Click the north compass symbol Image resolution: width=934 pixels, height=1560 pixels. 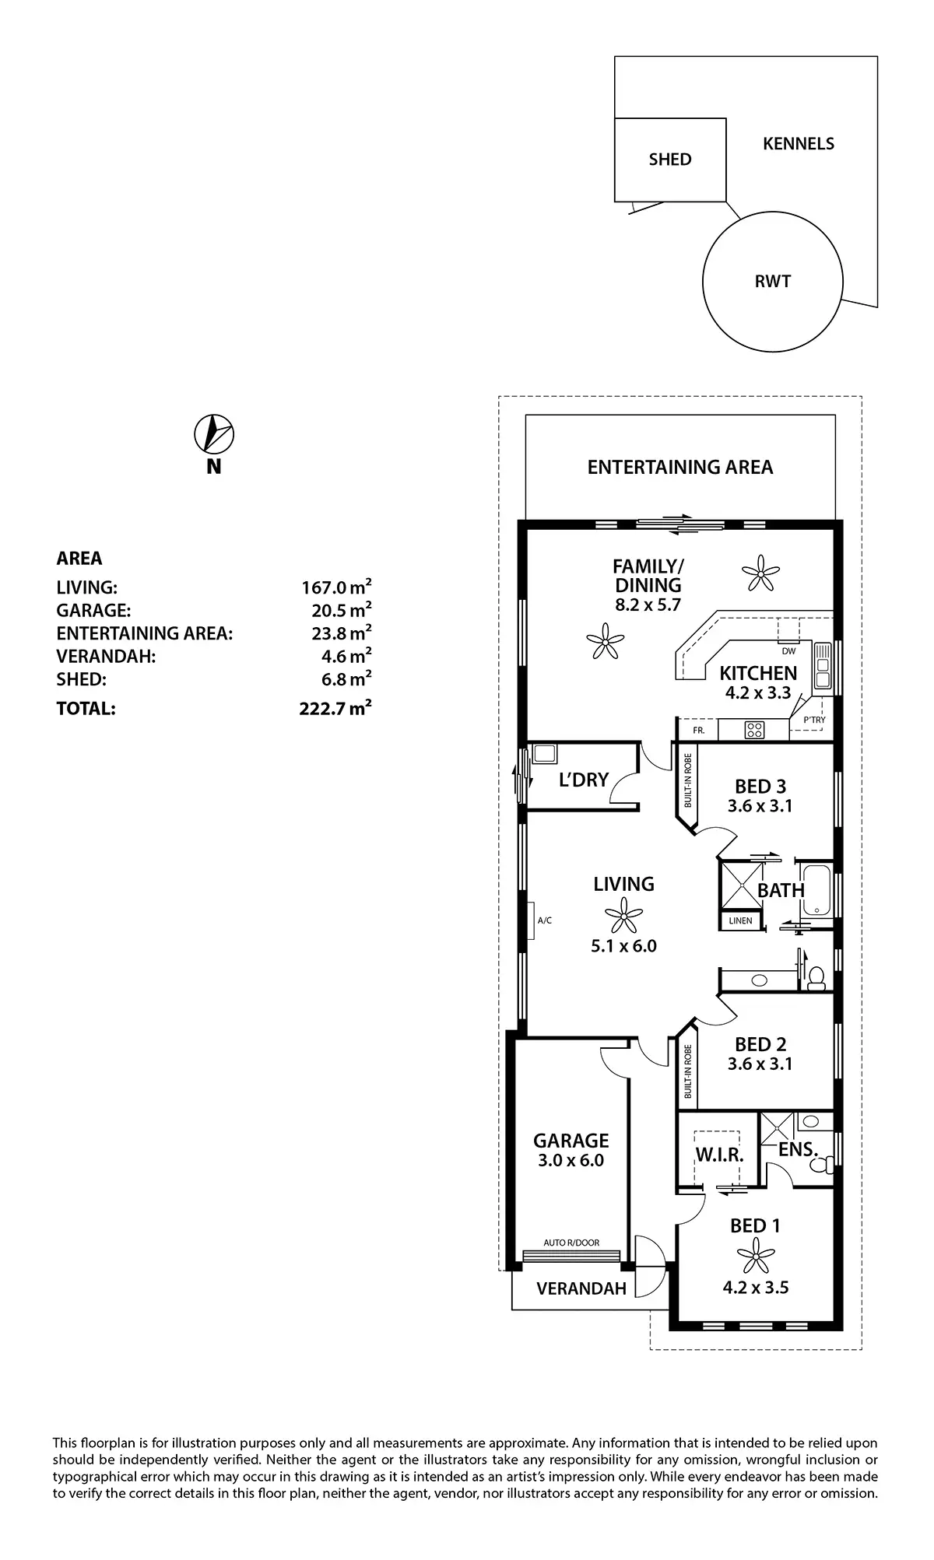[214, 434]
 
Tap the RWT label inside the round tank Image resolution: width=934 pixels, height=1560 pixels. [772, 282]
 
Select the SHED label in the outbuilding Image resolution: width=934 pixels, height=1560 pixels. [670, 160]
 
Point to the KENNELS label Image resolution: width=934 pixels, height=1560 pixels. [799, 144]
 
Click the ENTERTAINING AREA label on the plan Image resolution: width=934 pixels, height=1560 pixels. [679, 467]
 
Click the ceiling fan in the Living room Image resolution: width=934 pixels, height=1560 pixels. [623, 915]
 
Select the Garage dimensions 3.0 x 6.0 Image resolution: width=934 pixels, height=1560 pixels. [571, 1160]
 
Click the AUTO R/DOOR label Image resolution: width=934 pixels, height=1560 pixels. [571, 1243]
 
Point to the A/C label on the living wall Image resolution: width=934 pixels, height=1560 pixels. [545, 920]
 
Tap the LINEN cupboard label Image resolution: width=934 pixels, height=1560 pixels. [740, 921]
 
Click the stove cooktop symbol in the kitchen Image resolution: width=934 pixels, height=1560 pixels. [754, 730]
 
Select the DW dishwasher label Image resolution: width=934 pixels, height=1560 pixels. [788, 651]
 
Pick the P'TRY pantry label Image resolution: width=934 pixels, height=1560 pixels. [814, 720]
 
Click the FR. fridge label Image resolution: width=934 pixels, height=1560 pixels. [698, 731]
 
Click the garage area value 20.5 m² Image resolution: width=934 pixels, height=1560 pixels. [336, 610]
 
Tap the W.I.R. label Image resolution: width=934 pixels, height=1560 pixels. [720, 1155]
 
